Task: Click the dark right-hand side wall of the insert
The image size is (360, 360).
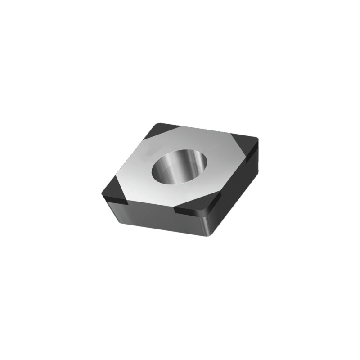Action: click(238, 189)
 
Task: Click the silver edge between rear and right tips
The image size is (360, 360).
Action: click(207, 131)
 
